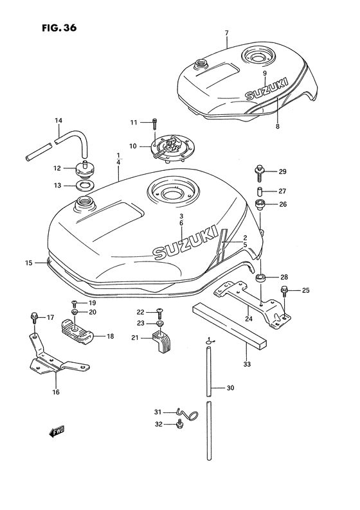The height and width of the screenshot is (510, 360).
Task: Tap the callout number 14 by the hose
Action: (58, 121)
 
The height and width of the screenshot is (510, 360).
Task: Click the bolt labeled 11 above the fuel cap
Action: (155, 122)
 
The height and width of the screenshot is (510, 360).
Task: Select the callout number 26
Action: (282, 206)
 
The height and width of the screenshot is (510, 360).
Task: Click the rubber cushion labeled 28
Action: (261, 277)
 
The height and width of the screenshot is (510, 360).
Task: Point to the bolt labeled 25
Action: (284, 294)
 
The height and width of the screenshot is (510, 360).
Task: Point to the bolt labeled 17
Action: (33, 317)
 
